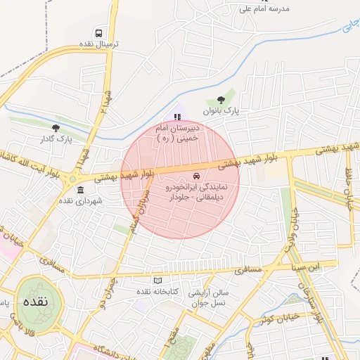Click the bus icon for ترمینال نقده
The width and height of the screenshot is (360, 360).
coord(98,33)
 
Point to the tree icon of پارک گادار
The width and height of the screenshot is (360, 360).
coord(56,128)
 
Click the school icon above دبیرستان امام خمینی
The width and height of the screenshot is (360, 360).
coord(176,116)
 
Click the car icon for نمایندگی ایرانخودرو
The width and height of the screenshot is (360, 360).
coord(195,176)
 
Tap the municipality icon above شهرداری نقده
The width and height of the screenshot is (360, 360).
coord(80,191)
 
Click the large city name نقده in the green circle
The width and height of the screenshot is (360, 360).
coord(34,302)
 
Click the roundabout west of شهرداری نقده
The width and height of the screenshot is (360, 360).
coord(72,180)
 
